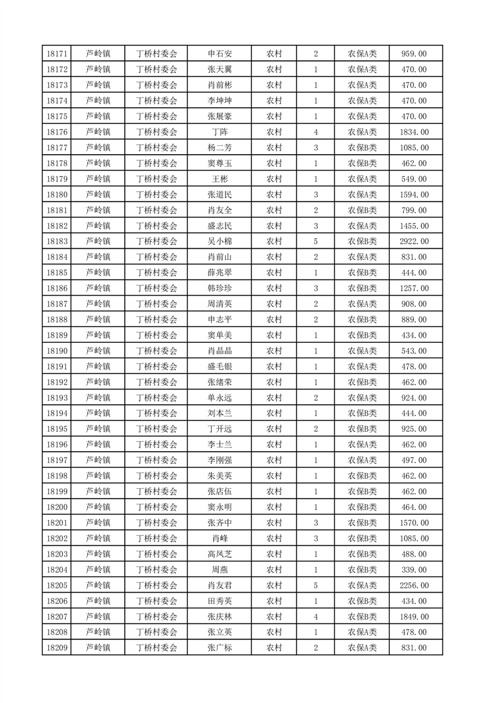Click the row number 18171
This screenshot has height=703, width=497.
tap(57, 54)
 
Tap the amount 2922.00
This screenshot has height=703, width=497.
tap(414, 241)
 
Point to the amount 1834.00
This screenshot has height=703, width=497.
tap(414, 132)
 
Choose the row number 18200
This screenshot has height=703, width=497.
tap(57, 507)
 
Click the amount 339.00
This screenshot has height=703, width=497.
tap(414, 570)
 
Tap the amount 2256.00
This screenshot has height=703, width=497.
tap(414, 585)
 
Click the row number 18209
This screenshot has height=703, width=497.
tap(57, 648)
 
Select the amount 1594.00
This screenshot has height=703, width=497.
tap(414, 195)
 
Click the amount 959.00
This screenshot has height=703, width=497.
tap(414, 54)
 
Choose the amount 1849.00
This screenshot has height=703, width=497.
tap(414, 617)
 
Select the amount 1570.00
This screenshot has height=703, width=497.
tap(414, 523)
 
